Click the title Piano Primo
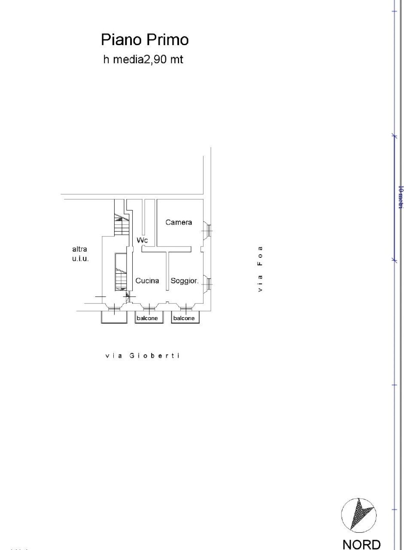coord(145,40)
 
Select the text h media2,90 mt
coord(143,60)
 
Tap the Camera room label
coord(179,222)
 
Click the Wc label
coord(142,240)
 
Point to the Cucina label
coord(147,281)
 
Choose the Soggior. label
coord(184,281)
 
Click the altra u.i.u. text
coord(80,254)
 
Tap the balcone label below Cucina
coord(147,318)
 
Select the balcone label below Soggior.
coord(184,318)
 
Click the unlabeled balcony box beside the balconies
coord(114,317)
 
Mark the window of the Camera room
coord(207,231)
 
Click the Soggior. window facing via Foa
coord(207,283)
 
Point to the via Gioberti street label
coord(142,356)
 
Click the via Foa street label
coord(260,269)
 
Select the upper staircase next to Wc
coord(121,224)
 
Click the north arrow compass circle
coord(359,515)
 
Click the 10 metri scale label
coord(400,197)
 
